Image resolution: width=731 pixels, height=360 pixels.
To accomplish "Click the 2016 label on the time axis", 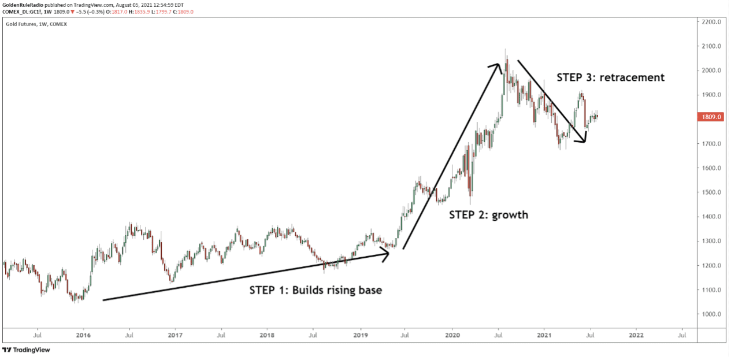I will tap(83, 335).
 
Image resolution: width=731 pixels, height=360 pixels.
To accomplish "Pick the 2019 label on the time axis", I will tap(360, 335).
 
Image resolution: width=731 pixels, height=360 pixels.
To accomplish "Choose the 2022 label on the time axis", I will tap(636, 335).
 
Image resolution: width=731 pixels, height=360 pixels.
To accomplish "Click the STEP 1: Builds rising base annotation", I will tap(316, 290).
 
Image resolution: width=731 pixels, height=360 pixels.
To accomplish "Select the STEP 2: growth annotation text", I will tap(489, 215).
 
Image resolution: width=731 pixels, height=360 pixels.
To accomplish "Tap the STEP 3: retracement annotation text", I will tap(610, 77).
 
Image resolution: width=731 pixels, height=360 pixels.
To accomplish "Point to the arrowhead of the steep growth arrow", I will tap(496, 67).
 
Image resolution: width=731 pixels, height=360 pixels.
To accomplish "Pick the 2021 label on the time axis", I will tap(544, 335).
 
